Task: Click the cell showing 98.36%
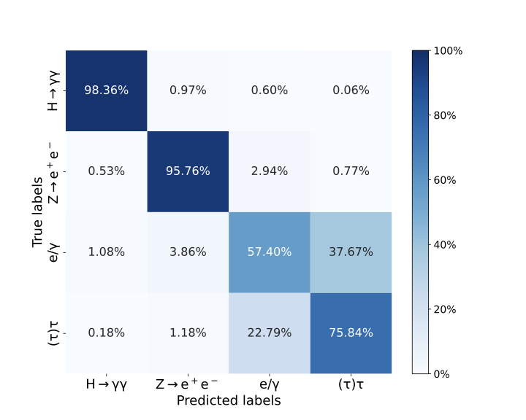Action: pos(107,90)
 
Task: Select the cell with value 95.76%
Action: pos(188,171)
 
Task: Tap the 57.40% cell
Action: pos(269,252)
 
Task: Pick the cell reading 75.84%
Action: pos(350,333)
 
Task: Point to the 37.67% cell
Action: pos(350,252)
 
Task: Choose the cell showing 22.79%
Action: pos(269,333)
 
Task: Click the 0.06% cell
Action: pos(350,90)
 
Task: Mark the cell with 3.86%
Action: pos(188,252)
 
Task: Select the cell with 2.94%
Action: pos(269,171)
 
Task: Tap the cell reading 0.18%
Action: pos(107,333)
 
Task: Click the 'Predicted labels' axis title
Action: pos(229,400)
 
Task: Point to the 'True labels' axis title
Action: pos(38,212)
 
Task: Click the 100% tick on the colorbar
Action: pos(448,51)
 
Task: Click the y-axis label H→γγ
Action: pos(53,90)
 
